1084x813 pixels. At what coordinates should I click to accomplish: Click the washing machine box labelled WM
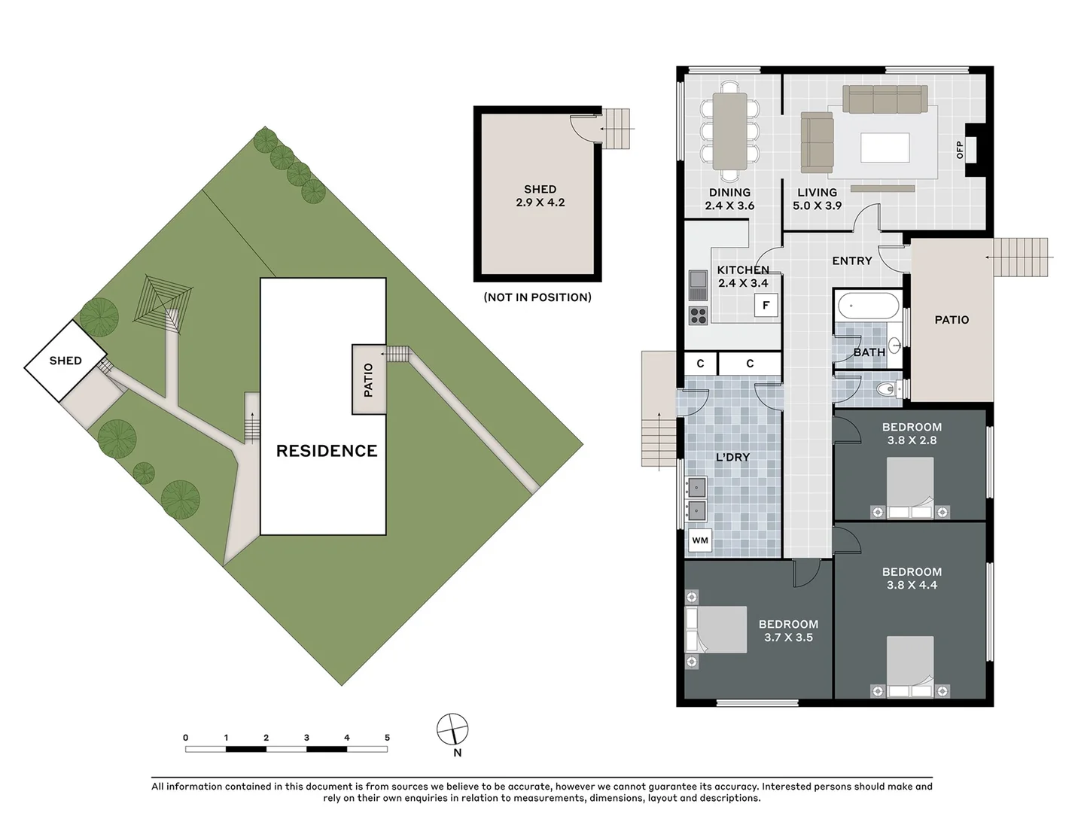[700, 540]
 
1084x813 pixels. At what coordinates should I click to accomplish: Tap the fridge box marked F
[766, 305]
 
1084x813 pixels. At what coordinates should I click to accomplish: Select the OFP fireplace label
[960, 150]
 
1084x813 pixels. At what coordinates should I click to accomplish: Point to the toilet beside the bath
[888, 389]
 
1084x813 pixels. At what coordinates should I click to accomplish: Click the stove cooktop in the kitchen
[698, 315]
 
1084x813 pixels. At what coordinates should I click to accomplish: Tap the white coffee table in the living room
[884, 148]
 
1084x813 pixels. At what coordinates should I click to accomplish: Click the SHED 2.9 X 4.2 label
[540, 196]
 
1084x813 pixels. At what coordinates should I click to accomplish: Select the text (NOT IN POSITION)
[537, 297]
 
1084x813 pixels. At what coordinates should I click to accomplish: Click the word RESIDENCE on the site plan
[327, 451]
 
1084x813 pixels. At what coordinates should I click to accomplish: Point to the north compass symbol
[452, 729]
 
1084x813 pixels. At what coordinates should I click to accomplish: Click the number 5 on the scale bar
[387, 738]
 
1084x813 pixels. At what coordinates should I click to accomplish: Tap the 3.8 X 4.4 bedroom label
[912, 578]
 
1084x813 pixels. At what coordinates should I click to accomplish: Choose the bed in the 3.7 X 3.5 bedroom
[715, 629]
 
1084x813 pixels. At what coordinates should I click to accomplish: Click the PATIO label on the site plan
[369, 379]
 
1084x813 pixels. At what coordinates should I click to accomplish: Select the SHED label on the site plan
[65, 361]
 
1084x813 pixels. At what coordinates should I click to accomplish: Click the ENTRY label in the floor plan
[852, 260]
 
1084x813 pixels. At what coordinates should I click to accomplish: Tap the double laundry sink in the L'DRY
[696, 498]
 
